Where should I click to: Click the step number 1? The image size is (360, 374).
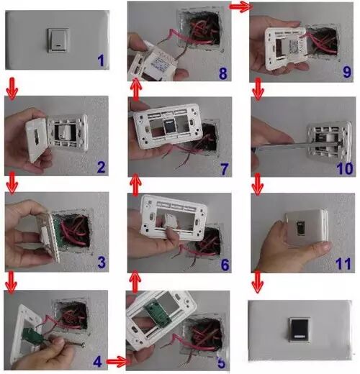101,60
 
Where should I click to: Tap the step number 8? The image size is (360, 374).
222,73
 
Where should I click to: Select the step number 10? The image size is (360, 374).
345,168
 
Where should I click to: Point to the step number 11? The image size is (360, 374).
343,263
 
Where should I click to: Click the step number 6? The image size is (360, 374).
225,265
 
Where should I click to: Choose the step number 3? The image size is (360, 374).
102,262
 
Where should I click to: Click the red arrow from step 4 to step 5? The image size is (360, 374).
117,361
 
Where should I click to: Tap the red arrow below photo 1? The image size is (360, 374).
12,88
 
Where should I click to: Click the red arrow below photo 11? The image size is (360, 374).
258,282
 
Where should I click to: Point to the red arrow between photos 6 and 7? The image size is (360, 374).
135,186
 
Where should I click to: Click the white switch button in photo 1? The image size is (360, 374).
58,40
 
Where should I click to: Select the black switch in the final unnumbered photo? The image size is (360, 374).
300,329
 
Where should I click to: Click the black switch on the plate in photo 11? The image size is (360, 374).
300,228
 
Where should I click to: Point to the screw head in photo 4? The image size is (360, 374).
82,345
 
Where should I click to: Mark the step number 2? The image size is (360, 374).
101,167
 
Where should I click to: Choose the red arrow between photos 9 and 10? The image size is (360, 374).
258,89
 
